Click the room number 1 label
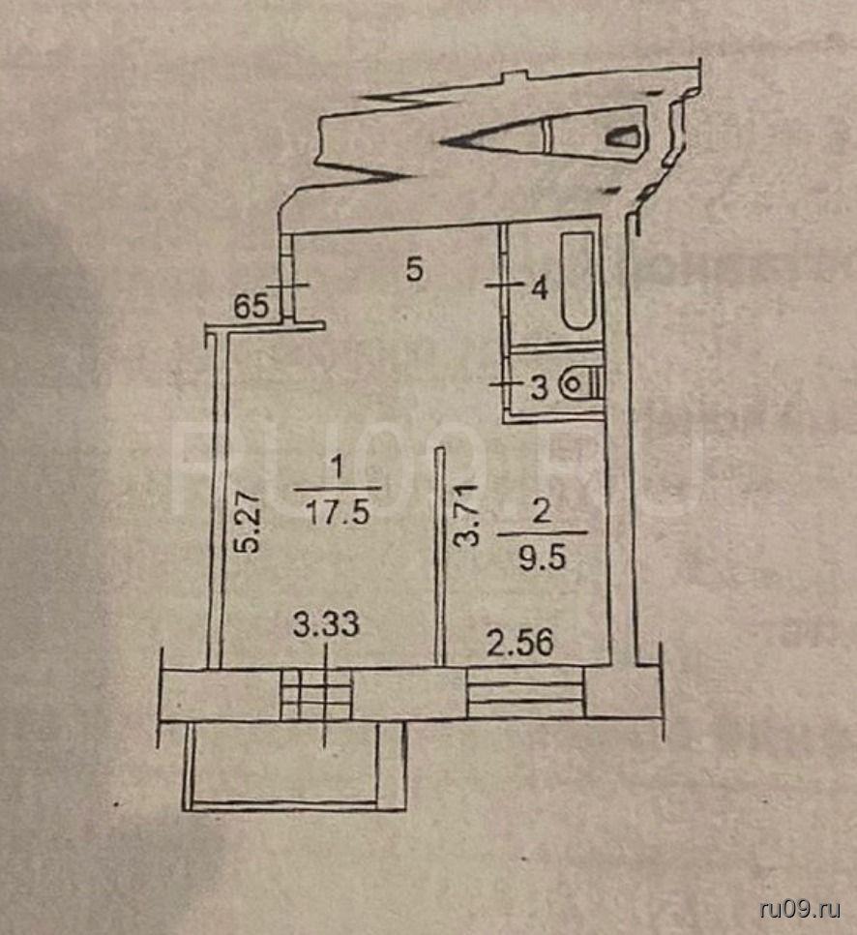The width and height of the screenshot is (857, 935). coord(337,467)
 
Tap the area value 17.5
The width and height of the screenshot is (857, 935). coord(337,512)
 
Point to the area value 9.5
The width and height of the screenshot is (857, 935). coord(542,559)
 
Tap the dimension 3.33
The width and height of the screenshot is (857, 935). coord(326,625)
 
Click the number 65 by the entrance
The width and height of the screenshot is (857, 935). coord(251,308)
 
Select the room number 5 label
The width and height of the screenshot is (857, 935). coord(414,269)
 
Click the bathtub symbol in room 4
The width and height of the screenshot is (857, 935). coord(578,281)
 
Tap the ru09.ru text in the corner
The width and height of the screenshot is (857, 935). coord(801,908)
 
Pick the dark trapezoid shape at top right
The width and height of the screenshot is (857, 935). coord(625,136)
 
